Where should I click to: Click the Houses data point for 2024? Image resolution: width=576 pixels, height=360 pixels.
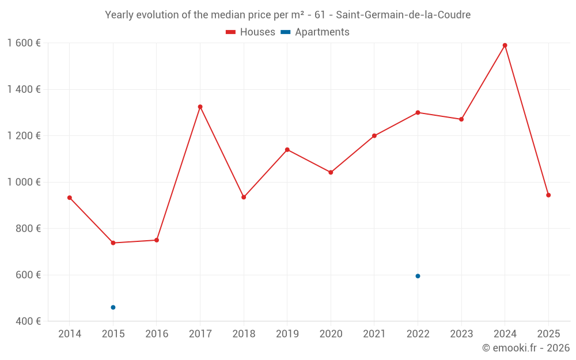tap(505, 46)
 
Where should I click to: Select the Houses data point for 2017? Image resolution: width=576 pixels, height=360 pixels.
tap(200, 107)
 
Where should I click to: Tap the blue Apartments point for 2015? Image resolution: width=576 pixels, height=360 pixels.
tap(113, 308)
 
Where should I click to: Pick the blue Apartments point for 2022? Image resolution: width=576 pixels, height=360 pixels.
tap(418, 276)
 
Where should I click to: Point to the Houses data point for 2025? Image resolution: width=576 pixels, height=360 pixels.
tap(548, 195)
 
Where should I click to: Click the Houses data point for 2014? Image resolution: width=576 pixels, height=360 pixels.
tap(70, 198)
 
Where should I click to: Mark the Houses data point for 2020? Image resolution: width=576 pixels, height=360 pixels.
tap(331, 172)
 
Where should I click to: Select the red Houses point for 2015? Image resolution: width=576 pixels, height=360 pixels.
tap(113, 243)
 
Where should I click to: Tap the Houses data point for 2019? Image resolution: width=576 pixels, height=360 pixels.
tap(287, 150)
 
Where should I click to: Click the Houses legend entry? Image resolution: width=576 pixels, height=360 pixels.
tap(251, 32)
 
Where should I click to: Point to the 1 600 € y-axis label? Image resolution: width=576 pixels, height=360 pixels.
tap(24, 43)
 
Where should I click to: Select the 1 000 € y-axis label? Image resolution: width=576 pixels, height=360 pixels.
tap(24, 182)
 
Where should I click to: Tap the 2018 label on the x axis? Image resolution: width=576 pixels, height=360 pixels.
tap(244, 334)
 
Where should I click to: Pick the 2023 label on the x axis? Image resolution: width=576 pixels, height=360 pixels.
tap(461, 334)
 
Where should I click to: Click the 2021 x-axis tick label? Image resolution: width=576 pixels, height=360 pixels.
tap(374, 334)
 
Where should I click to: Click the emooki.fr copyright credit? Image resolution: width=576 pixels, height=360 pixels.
tap(525, 348)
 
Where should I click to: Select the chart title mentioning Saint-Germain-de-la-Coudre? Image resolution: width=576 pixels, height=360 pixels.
tap(287, 15)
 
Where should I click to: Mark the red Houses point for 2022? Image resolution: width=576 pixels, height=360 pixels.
tap(418, 112)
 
